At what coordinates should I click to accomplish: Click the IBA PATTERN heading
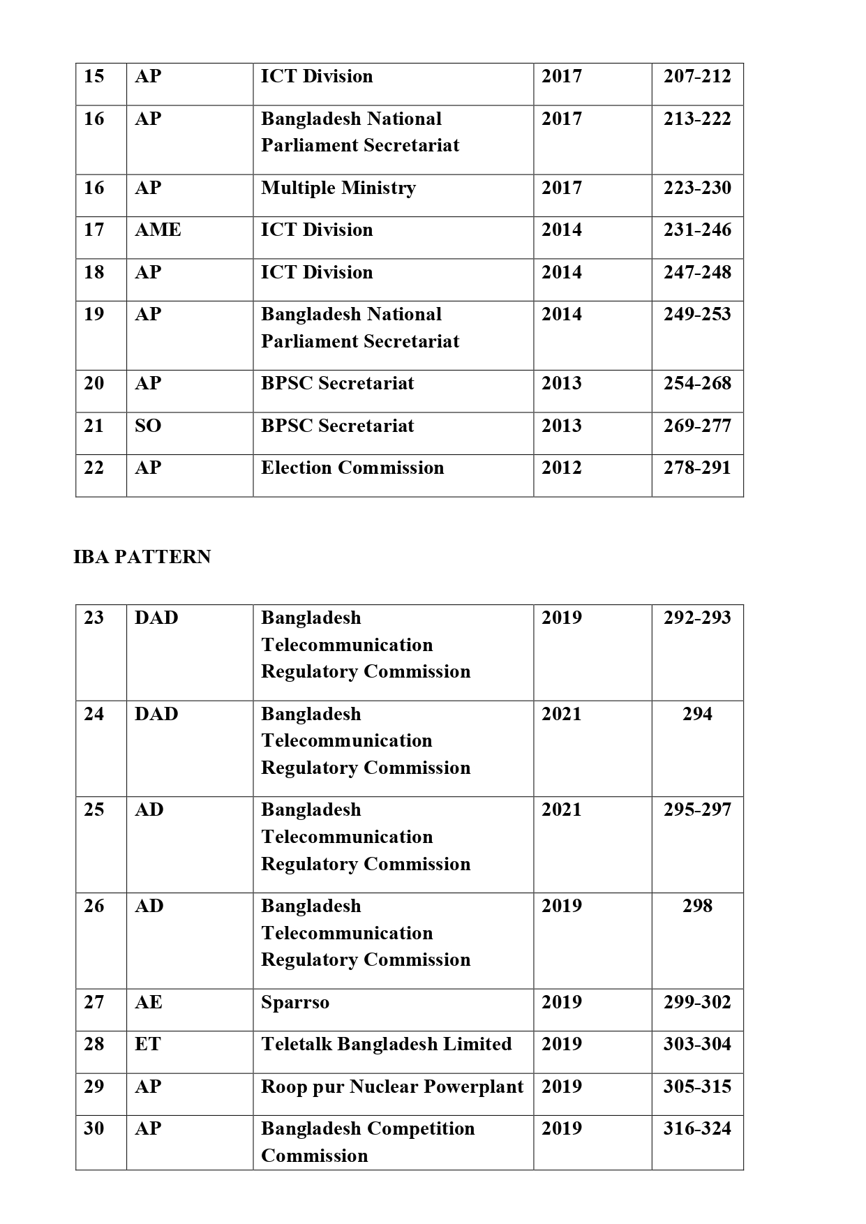tap(142, 557)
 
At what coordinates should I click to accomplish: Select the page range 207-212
tap(696, 76)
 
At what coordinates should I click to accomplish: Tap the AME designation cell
tap(158, 230)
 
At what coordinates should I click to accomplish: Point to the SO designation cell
tap(148, 426)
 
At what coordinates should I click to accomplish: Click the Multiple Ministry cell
tap(338, 188)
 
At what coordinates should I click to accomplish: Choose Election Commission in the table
tap(352, 468)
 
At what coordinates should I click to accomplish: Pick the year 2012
tap(561, 468)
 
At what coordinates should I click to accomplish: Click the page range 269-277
tap(696, 426)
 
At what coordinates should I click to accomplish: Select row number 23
tap(94, 618)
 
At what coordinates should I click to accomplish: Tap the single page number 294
tap(696, 714)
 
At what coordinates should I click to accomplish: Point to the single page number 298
tap(696, 906)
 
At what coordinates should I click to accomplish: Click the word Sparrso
tap(295, 1002)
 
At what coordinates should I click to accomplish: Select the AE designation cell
tap(149, 1002)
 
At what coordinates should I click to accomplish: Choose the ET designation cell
tap(148, 1044)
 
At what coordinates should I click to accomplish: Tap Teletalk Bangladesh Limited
tap(387, 1044)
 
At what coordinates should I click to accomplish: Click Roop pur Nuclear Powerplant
tap(392, 1087)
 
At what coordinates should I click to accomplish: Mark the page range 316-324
tap(696, 1128)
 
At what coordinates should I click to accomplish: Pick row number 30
tap(94, 1128)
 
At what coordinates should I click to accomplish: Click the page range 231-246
tap(696, 230)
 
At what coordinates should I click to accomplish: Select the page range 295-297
tap(696, 809)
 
